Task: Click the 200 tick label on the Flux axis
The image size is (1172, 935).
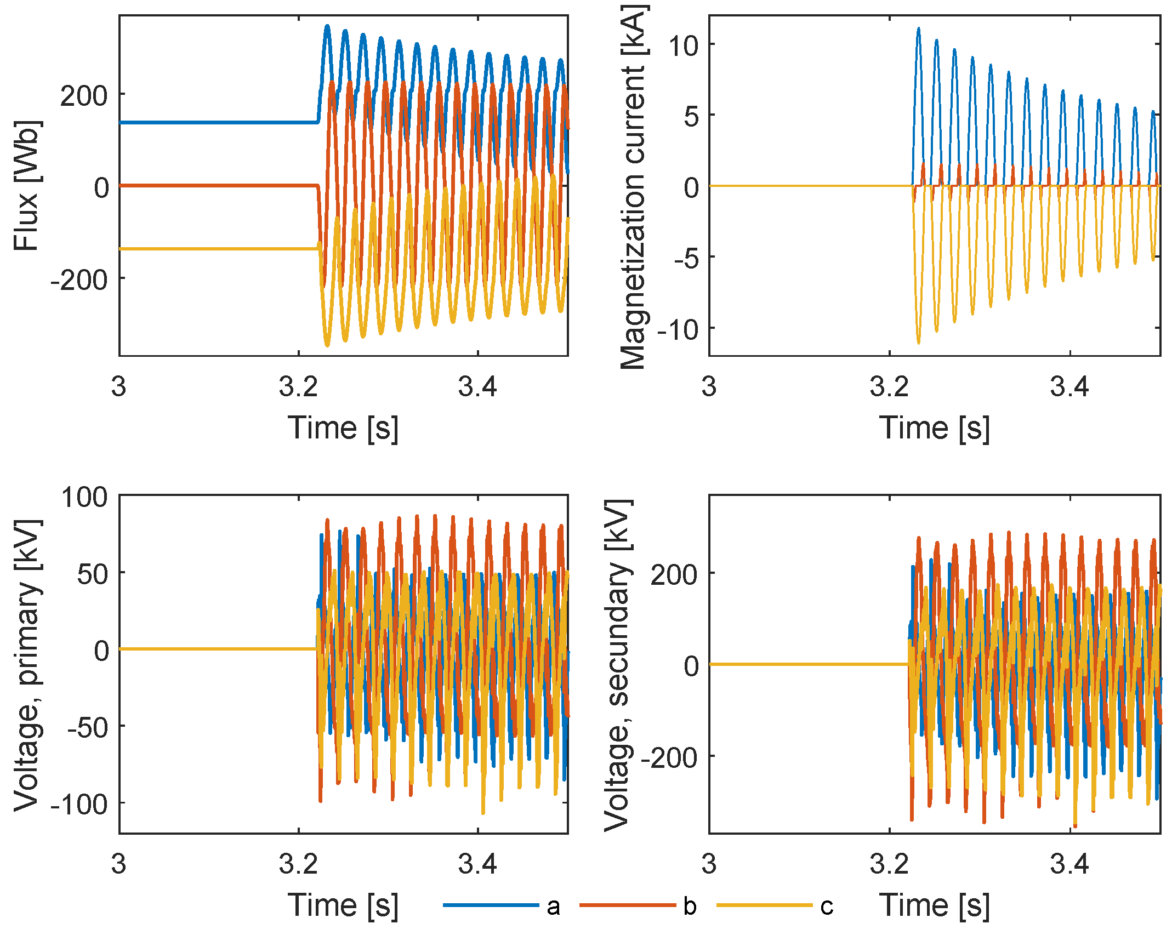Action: tap(83, 96)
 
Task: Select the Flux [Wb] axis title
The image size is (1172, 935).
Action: tap(26, 186)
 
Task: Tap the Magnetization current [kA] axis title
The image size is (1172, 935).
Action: tap(634, 186)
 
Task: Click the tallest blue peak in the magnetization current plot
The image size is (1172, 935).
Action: tap(919, 29)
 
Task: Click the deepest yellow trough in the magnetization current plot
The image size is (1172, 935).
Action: tap(919, 343)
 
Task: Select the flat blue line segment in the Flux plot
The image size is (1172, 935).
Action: tap(219, 122)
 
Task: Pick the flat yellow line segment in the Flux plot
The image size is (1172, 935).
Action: tap(219, 249)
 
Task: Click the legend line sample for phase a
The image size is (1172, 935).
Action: tap(491, 905)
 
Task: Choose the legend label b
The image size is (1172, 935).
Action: tap(690, 907)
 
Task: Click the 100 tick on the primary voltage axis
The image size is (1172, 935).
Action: tap(84, 498)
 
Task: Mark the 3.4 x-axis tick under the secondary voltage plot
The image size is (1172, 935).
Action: tap(1069, 864)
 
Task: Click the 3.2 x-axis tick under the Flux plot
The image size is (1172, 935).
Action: tap(298, 387)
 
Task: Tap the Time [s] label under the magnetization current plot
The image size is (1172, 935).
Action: tap(935, 427)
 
